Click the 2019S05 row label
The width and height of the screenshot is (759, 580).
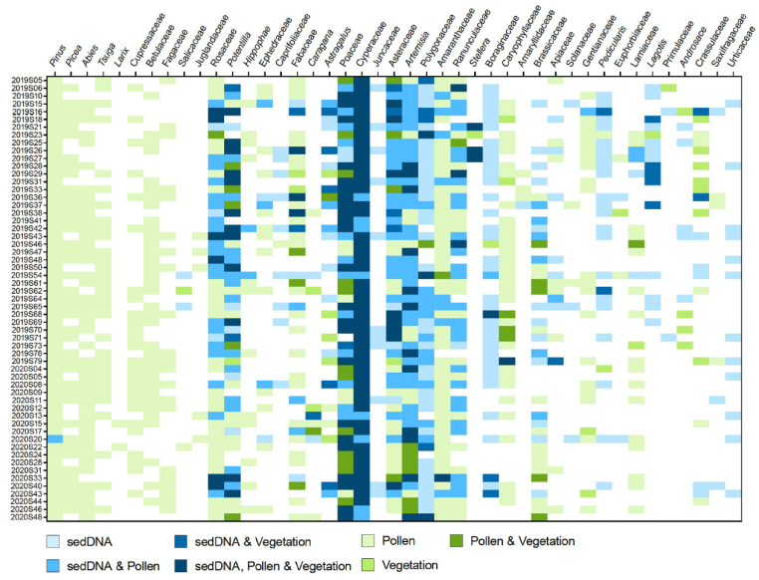(26, 80)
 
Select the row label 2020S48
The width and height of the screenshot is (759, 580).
(26, 517)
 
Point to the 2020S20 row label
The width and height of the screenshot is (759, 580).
(26, 438)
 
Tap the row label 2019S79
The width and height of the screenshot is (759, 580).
(26, 361)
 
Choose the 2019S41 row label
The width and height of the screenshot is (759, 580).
(26, 220)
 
